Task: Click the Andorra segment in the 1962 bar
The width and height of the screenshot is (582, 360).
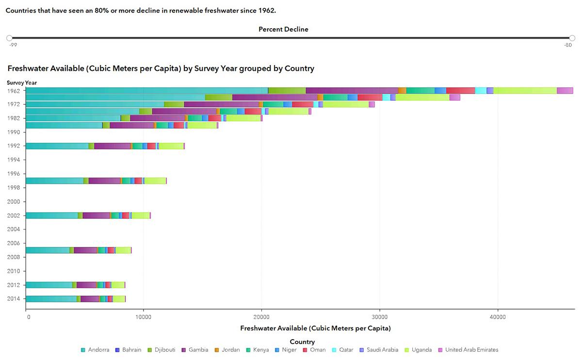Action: pyautogui.click(x=147, y=90)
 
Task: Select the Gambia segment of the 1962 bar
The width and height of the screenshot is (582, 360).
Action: pyautogui.click(x=352, y=90)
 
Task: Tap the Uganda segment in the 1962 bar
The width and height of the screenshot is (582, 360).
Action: pyautogui.click(x=525, y=90)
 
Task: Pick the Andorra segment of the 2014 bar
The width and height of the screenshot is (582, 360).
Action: pyautogui.click(x=51, y=299)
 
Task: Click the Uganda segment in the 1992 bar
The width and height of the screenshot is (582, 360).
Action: pyautogui.click(x=171, y=146)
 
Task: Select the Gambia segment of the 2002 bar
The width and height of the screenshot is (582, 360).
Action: pyautogui.click(x=96, y=215)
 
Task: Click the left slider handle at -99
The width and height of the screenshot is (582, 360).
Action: pyautogui.click(x=9, y=38)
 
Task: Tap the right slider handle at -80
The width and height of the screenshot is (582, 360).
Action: pyautogui.click(x=572, y=38)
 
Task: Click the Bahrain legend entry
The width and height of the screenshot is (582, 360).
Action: pyautogui.click(x=129, y=350)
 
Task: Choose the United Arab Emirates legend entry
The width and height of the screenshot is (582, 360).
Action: pyautogui.click(x=468, y=350)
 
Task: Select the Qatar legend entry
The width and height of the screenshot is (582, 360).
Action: pyautogui.click(x=343, y=350)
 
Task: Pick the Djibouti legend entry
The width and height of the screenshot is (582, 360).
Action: pyautogui.click(x=162, y=350)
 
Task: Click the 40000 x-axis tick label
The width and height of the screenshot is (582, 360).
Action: pyautogui.click(x=498, y=317)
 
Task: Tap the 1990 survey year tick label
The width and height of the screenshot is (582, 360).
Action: pyautogui.click(x=14, y=132)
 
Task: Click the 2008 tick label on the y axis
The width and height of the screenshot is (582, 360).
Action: pyautogui.click(x=14, y=257)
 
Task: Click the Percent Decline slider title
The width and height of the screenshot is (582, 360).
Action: pyautogui.click(x=283, y=29)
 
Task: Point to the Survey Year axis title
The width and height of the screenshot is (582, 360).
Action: pyautogui.click(x=22, y=82)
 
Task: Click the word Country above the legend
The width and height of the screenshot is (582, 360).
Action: pyautogui.click(x=302, y=342)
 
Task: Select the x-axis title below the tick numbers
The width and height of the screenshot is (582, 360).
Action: pyautogui.click(x=315, y=328)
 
